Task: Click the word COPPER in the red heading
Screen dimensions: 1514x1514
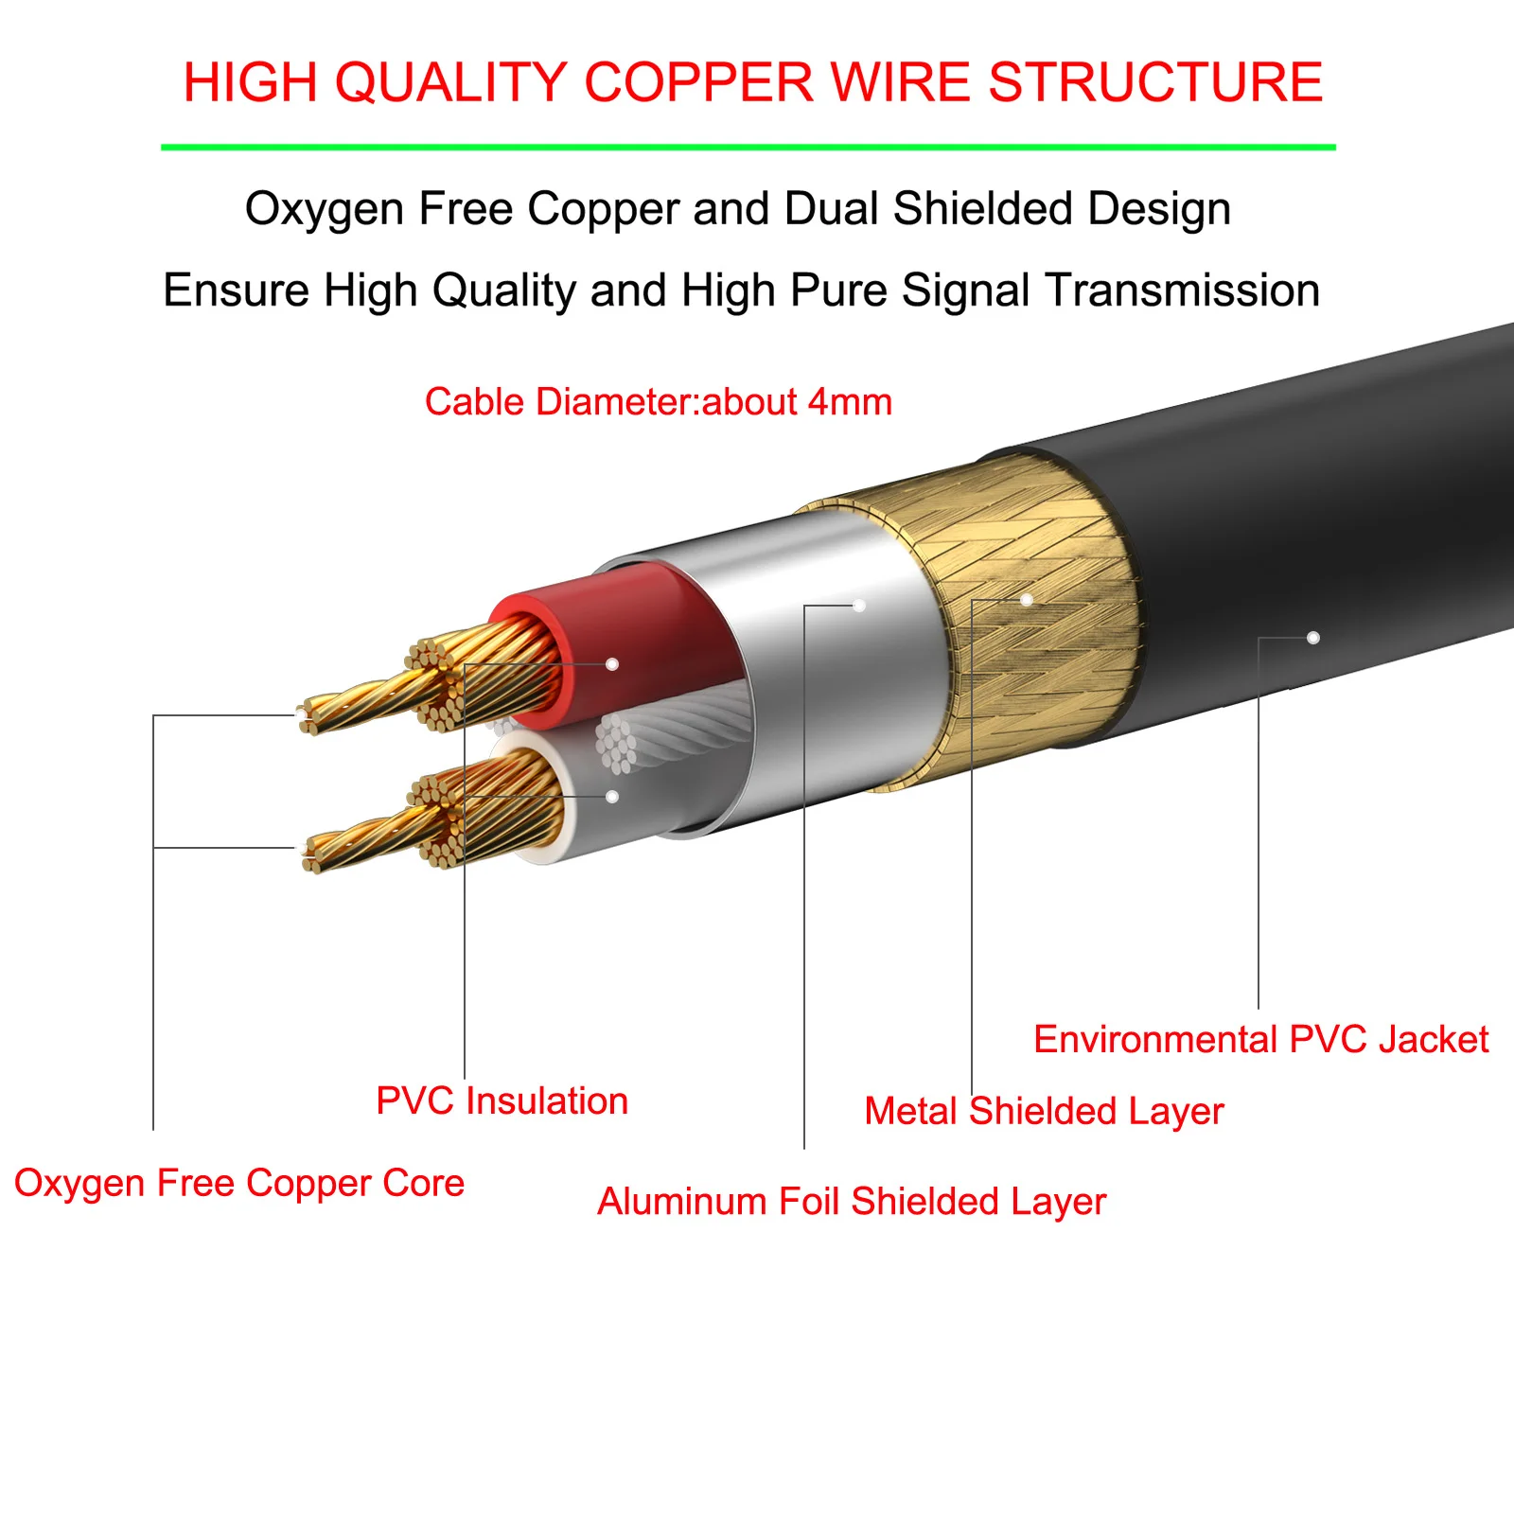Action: point(698,82)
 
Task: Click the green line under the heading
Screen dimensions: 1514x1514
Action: point(748,148)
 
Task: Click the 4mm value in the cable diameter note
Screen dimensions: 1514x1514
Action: point(850,402)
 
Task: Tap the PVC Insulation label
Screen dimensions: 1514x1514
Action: point(502,1101)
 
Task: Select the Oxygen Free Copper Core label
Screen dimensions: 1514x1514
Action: point(239,1183)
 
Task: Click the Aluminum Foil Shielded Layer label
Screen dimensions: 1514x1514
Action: point(852,1202)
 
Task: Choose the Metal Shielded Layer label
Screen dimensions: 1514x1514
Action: point(1044,1111)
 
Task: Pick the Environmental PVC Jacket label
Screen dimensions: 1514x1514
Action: point(1260,1039)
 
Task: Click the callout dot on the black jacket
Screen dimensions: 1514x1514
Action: point(1312,638)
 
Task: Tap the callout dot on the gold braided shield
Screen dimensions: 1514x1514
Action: point(1026,600)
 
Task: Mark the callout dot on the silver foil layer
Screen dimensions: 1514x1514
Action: point(859,606)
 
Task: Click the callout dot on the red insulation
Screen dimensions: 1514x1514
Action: point(612,664)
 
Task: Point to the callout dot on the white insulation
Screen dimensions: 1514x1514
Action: point(612,797)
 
